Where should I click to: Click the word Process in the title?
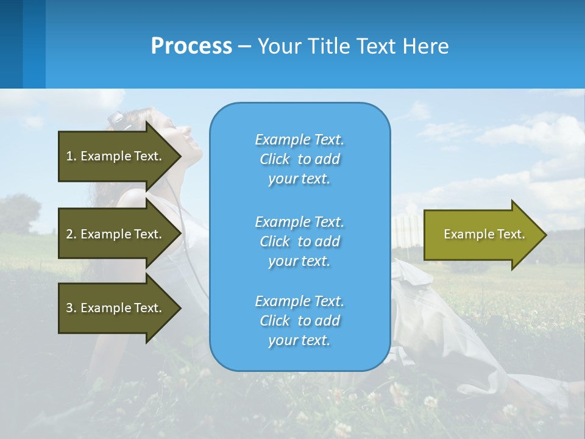tap(191, 46)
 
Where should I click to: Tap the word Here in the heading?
tap(425, 46)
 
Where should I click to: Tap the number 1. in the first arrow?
tap(71, 156)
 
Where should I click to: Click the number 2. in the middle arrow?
tap(71, 234)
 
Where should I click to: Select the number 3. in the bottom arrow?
tap(71, 308)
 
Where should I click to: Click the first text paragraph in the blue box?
tap(299, 159)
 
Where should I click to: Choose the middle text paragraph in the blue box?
tap(299, 241)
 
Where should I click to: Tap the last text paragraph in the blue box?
tap(299, 321)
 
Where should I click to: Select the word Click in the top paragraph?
tap(274, 159)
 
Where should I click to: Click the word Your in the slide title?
tap(279, 46)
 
